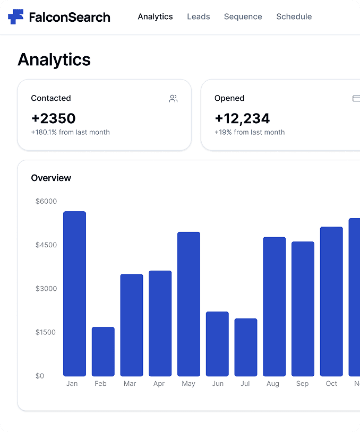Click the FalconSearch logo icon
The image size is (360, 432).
coord(16,17)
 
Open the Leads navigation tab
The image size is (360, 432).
coord(199,16)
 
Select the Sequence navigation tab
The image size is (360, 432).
coord(243,17)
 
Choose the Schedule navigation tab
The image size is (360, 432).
coord(294,16)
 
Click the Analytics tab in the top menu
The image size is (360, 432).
coord(155,17)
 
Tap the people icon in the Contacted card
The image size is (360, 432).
coord(174,98)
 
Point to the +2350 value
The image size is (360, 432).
coord(53,118)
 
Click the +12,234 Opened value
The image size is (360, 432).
coord(242,119)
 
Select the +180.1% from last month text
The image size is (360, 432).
coord(70,132)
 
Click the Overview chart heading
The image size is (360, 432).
coord(51,178)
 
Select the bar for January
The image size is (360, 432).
coord(74,293)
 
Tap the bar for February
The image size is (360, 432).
coord(103,351)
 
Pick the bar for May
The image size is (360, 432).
coord(188,304)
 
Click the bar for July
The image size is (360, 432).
coord(246,348)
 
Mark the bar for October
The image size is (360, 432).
coord(331,301)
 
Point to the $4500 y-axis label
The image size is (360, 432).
coord(46,245)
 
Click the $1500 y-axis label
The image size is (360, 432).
coord(46,332)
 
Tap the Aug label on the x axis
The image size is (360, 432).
coord(273,384)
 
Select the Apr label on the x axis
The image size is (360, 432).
coord(159,384)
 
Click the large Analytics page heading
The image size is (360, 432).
coord(54,59)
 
